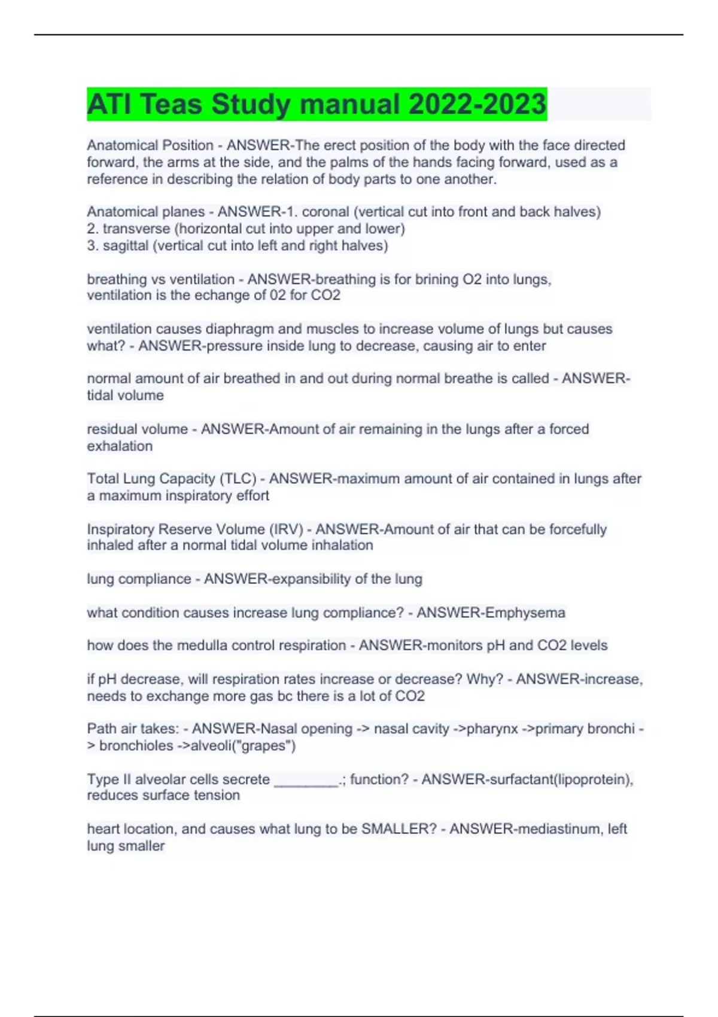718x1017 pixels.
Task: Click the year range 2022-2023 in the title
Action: pos(477,104)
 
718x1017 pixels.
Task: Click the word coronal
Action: pos(325,212)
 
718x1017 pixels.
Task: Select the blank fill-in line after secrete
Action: pos(306,780)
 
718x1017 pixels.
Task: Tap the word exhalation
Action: pos(120,446)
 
